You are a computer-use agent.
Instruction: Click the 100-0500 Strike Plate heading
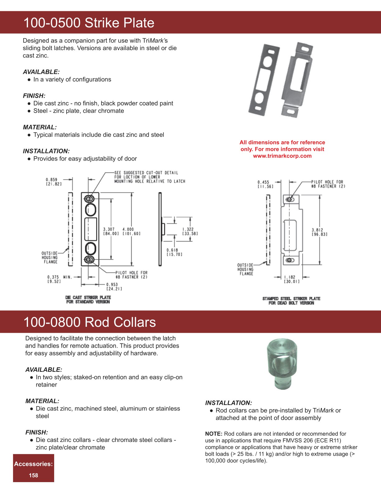(89, 23)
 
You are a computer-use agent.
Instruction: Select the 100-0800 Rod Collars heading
(90, 322)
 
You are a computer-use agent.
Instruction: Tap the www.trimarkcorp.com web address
(282, 156)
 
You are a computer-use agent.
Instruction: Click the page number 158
(33, 475)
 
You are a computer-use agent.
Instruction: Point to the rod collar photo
(282, 363)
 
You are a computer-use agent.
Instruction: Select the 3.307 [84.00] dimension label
(111, 231)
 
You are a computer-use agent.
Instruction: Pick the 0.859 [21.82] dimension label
(54, 182)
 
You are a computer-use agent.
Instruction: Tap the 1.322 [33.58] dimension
(190, 231)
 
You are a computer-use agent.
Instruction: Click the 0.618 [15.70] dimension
(174, 252)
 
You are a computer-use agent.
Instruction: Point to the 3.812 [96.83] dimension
(319, 232)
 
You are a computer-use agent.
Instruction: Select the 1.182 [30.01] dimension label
(291, 279)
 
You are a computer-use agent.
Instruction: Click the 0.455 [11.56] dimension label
(265, 184)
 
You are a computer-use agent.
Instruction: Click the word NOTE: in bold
(214, 434)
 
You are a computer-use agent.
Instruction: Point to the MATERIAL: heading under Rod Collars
(42, 401)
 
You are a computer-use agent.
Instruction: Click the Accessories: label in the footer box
(33, 464)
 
